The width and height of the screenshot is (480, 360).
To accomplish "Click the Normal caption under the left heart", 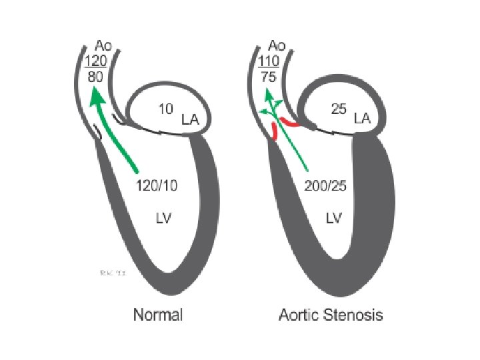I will pyautogui.click(x=158, y=314).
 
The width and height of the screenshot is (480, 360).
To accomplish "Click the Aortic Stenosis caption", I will pyautogui.click(x=331, y=314).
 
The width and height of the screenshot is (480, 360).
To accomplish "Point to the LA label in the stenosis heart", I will pyautogui.click(x=363, y=119).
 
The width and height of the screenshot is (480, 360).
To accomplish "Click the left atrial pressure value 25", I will pyautogui.click(x=338, y=109).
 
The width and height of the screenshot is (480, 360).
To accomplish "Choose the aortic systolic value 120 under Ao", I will pyautogui.click(x=96, y=61).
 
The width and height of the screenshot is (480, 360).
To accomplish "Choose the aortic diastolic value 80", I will pyautogui.click(x=96, y=77).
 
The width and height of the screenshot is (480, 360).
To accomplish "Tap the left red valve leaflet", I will pyautogui.click(x=275, y=131).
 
